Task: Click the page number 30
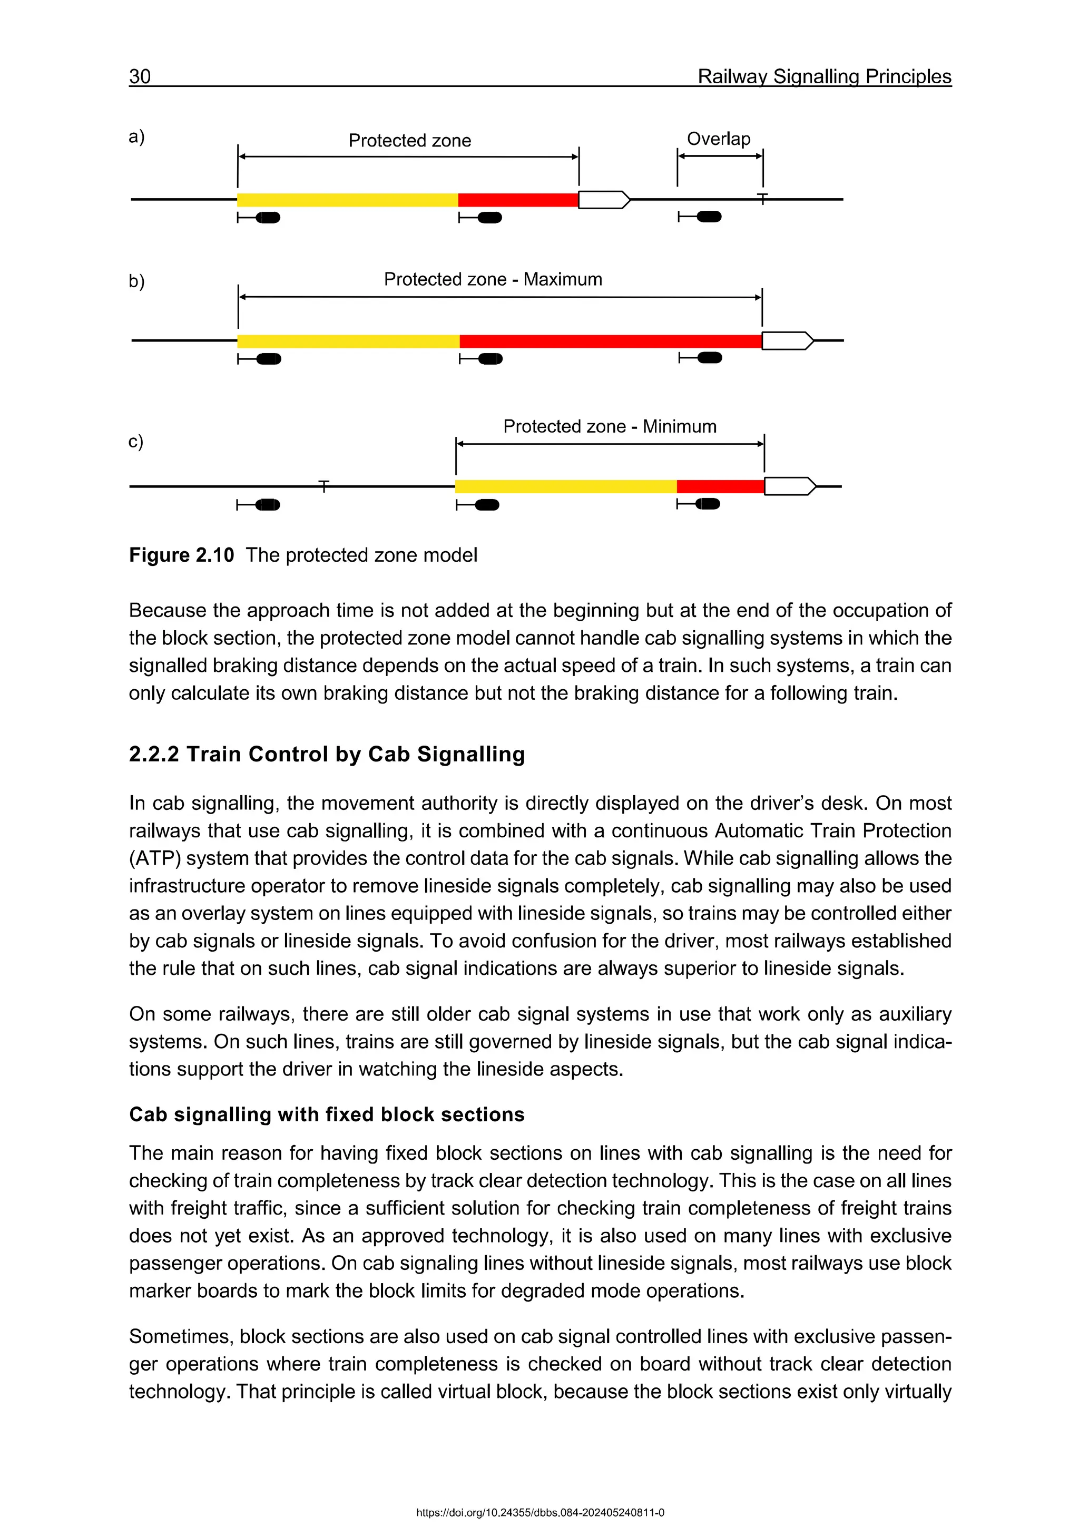click(140, 76)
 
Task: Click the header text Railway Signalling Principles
click(824, 76)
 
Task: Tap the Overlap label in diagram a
click(718, 139)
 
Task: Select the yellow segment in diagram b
click(348, 341)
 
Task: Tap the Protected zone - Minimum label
click(609, 426)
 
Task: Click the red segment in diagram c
click(720, 486)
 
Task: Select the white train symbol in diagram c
click(789, 486)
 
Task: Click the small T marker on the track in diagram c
click(323, 486)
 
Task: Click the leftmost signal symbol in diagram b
click(260, 359)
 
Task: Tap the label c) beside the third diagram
click(135, 442)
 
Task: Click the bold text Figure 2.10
click(181, 555)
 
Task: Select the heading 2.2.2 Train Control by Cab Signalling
click(326, 755)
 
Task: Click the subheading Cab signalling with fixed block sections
click(326, 1114)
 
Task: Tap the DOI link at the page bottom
click(539, 1513)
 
